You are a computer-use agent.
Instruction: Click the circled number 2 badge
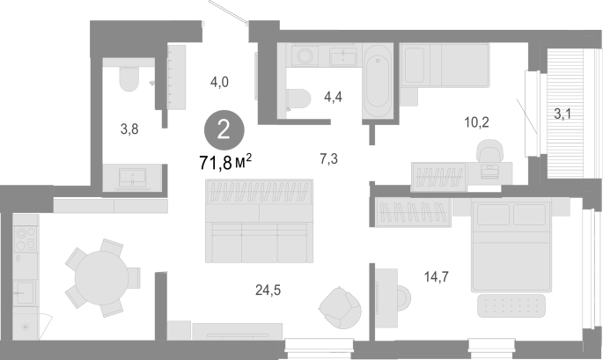224,130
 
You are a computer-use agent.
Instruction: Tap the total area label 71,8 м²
225,162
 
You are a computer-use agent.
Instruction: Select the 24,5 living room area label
268,290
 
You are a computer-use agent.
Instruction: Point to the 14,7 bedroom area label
436,276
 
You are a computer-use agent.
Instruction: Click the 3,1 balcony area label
563,114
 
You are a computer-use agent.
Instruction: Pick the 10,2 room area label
476,122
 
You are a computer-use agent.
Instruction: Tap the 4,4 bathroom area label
333,97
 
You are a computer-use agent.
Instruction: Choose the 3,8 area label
129,129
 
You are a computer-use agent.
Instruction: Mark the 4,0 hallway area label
219,82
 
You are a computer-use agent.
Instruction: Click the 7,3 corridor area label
329,158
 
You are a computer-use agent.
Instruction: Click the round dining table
102,277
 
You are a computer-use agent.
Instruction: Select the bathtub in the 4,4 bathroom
378,81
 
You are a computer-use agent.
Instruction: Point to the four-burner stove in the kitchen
26,239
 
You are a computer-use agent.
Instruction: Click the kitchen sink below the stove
25,293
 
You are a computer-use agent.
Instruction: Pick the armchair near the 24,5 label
341,308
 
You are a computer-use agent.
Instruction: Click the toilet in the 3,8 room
129,78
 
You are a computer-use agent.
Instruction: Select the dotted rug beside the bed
511,305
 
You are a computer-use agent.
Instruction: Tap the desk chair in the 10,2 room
489,151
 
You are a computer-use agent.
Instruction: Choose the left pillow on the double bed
493,215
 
